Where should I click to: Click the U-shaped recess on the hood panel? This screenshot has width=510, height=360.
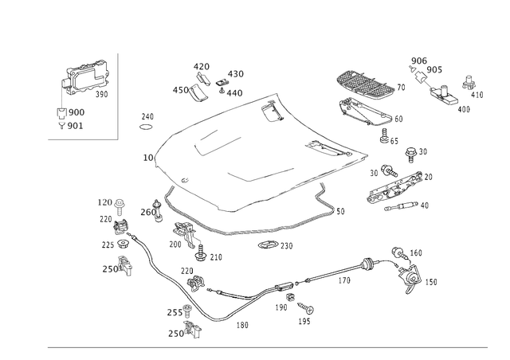point(217,142)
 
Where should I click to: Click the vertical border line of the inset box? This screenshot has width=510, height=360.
point(118,96)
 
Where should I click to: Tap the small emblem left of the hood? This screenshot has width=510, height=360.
point(146,122)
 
